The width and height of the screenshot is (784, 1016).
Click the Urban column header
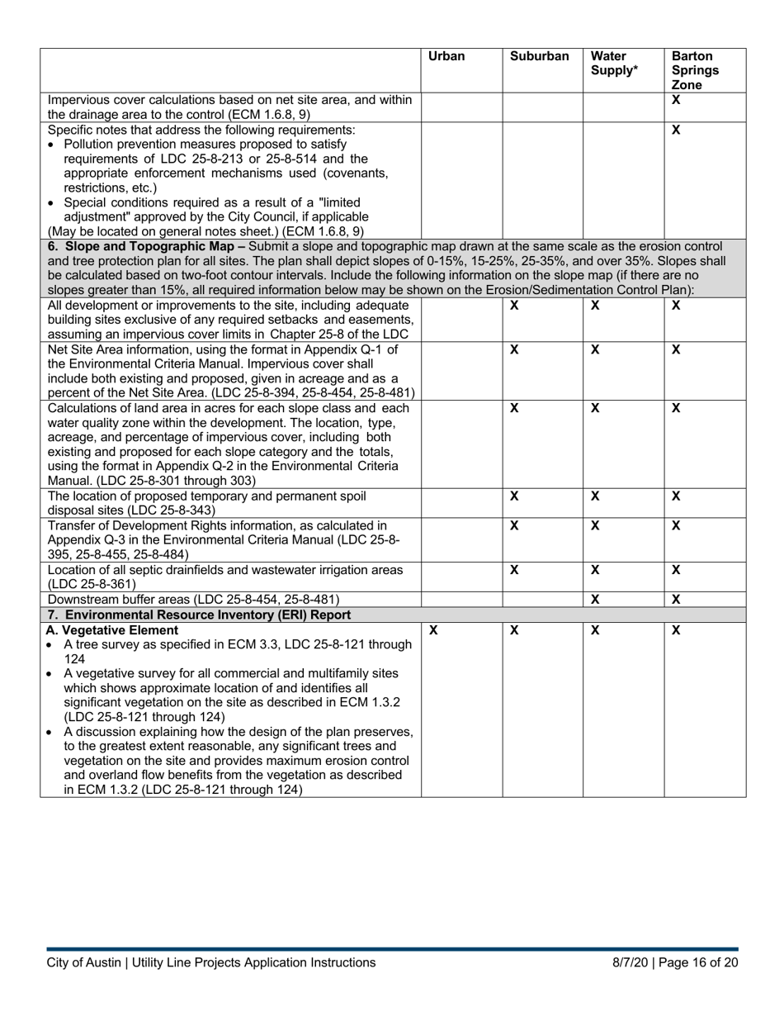click(446, 57)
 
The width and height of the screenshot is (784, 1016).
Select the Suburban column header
click(539, 57)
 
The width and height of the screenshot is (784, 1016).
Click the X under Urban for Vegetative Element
click(434, 630)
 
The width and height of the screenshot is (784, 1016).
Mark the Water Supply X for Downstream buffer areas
click(595, 599)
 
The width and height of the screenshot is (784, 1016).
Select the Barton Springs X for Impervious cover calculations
click(676, 100)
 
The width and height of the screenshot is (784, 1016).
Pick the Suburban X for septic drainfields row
click(514, 570)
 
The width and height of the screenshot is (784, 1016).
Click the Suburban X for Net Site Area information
click(514, 349)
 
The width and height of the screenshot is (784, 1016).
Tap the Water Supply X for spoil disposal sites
click(595, 496)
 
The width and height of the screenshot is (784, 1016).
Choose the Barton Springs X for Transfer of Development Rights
click(676, 525)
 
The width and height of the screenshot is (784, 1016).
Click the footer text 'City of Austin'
click(81, 962)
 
